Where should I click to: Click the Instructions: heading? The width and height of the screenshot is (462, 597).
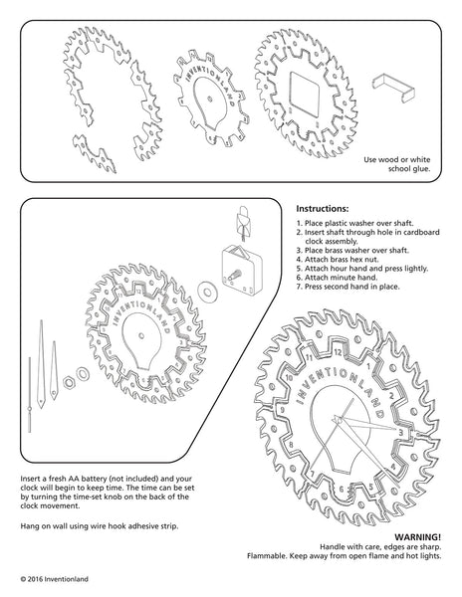point(323,209)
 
